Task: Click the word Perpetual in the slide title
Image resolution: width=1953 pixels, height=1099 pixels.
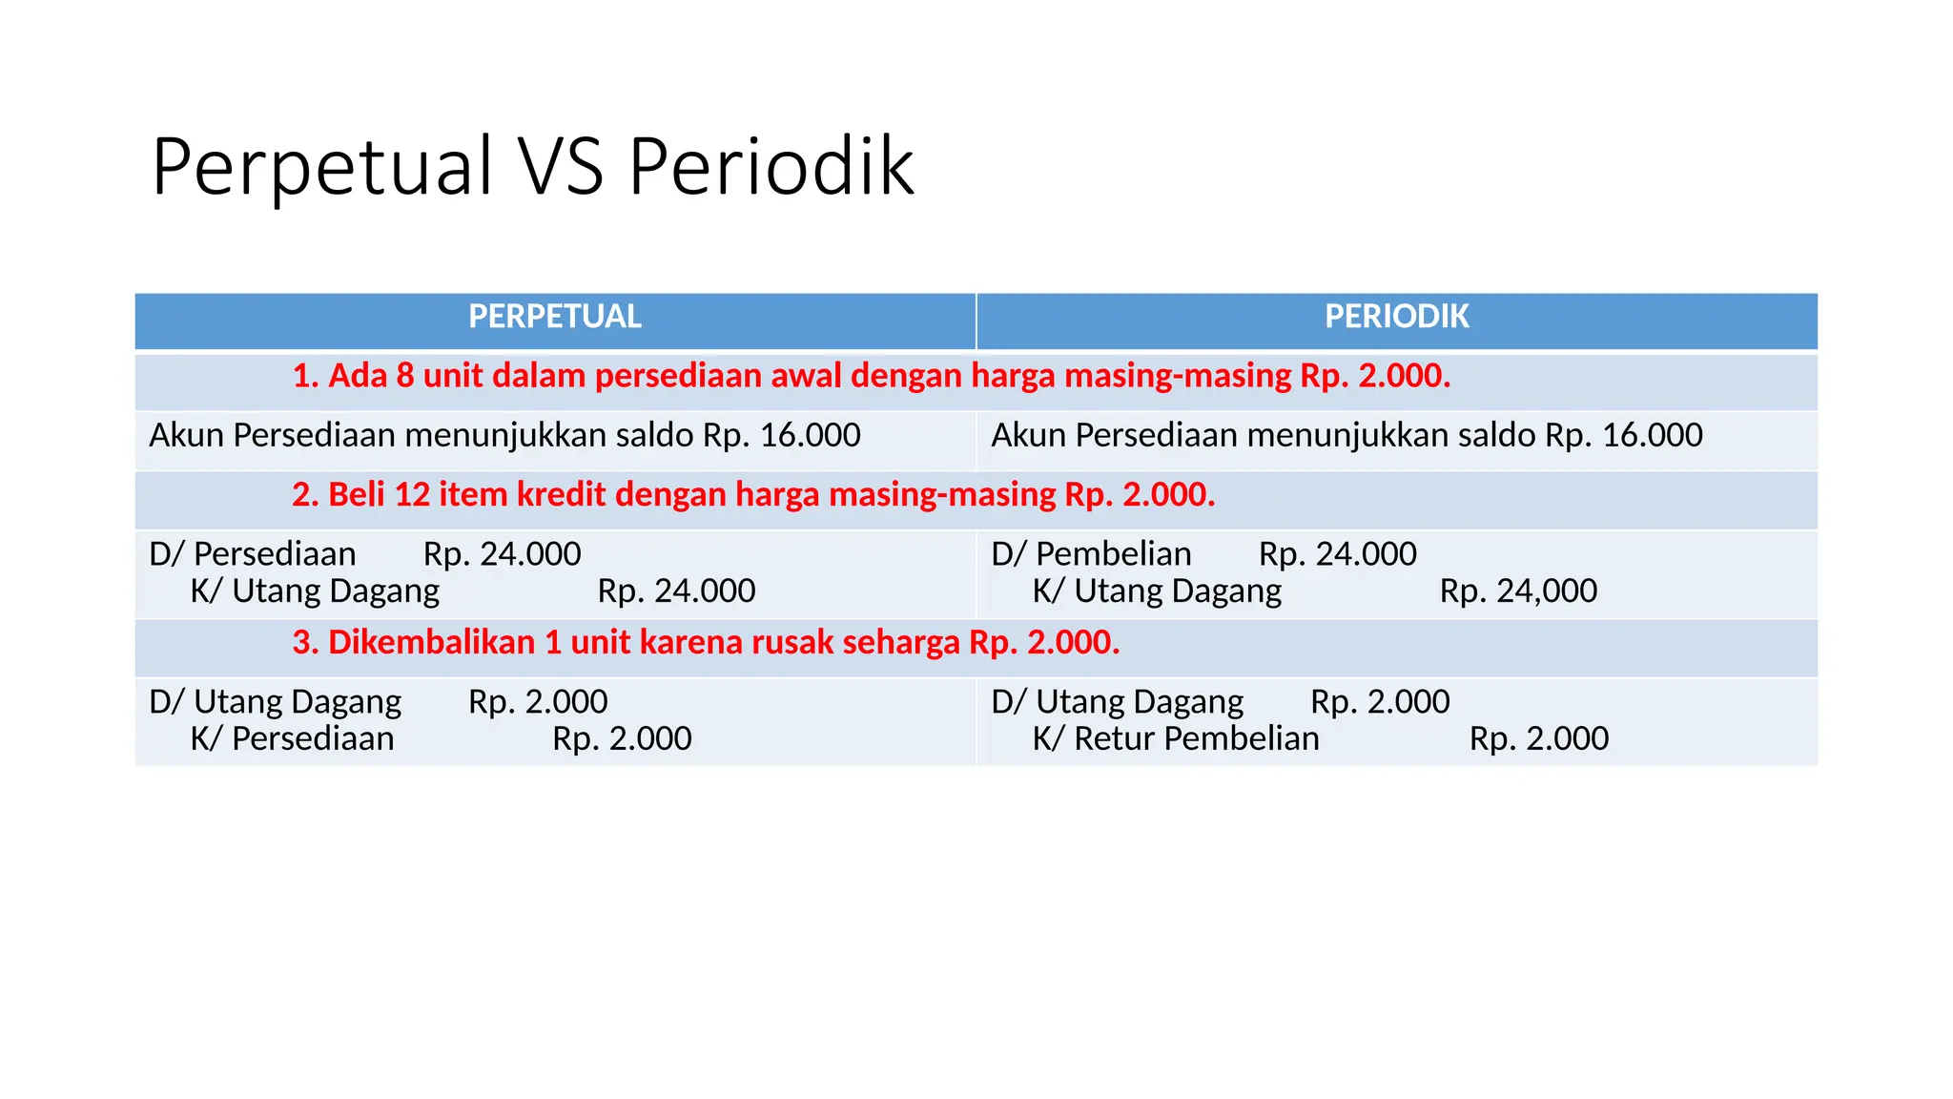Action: tap(322, 168)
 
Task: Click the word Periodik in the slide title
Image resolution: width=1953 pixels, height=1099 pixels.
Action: tap(771, 168)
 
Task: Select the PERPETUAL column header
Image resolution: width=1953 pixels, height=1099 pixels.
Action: tap(554, 317)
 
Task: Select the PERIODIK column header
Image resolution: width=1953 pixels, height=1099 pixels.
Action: tap(1396, 317)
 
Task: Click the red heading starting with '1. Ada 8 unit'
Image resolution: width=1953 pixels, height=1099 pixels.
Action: tap(871, 376)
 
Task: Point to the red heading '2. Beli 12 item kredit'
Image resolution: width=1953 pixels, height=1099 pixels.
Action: tap(753, 494)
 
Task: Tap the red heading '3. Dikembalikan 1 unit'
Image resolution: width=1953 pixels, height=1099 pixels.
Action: tap(706, 642)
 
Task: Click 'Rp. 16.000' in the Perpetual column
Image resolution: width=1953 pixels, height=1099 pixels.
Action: tap(781, 435)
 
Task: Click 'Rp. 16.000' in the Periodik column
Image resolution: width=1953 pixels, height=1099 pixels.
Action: tap(1623, 435)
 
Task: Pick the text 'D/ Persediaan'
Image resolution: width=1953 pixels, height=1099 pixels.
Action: tap(253, 554)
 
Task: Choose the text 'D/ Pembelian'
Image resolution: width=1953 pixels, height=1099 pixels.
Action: tap(1091, 554)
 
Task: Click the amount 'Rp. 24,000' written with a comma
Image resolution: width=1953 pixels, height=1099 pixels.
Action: tap(1518, 591)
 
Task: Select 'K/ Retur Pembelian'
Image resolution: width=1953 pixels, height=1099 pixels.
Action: tap(1176, 738)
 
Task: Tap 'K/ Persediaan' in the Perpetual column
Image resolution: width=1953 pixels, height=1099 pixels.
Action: tap(292, 738)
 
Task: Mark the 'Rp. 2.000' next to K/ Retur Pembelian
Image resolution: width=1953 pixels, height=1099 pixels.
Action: tap(1538, 738)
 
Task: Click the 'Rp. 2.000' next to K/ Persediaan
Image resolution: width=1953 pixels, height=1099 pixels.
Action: tap(622, 738)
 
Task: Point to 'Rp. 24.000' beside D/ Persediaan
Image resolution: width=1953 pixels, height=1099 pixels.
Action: tap(502, 554)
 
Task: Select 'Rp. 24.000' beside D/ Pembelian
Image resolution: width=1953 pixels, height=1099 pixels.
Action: tap(1337, 554)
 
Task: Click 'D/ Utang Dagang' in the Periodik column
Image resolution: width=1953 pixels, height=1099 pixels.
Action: tap(1117, 702)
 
